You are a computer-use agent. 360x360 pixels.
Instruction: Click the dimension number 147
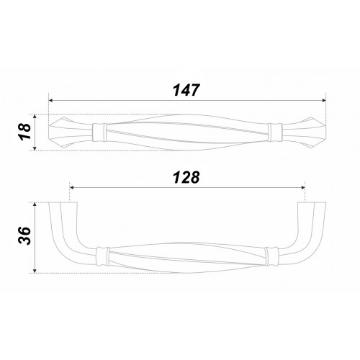tap(186, 90)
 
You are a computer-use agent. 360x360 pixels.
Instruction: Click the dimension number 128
tap(186, 177)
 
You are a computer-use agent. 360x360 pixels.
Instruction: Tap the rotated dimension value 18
tap(24, 131)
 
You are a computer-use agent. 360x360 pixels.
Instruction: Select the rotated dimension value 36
tap(24, 235)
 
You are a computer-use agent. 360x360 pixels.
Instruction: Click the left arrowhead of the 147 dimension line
tap(50, 100)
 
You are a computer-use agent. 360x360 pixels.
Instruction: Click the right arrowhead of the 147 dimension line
tap(324, 100)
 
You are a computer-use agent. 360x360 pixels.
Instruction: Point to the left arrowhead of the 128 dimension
tap(71, 187)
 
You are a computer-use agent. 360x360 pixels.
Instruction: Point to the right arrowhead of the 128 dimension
tap(303, 187)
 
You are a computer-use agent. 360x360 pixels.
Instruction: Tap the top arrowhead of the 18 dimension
tap(35, 117)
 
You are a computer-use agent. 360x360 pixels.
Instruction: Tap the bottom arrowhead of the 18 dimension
tap(35, 148)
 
